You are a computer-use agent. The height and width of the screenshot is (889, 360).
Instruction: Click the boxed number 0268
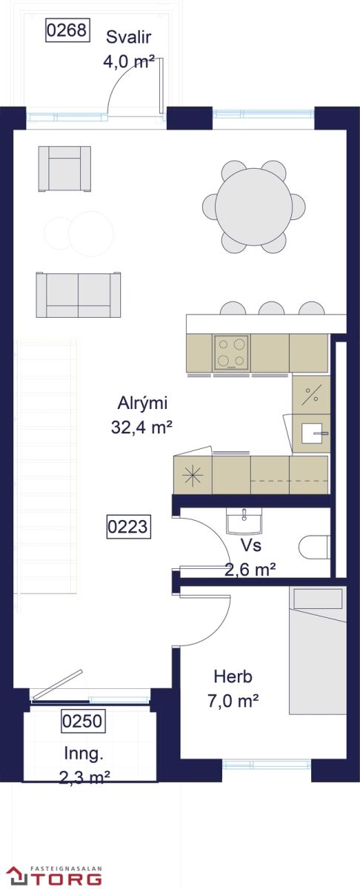coord(67,30)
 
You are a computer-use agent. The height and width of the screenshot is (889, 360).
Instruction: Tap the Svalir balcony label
coord(129,37)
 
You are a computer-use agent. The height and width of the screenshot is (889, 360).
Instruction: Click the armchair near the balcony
coord(64,169)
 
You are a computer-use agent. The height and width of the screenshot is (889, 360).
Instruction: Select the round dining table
coord(253,207)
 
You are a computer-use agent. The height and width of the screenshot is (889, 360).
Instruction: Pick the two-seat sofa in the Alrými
coord(79,295)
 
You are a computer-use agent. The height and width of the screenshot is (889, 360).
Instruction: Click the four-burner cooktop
coord(231,353)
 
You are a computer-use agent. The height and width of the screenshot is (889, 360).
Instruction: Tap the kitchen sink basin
coord(312,433)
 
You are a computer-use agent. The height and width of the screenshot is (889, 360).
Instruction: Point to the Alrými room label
coord(142,403)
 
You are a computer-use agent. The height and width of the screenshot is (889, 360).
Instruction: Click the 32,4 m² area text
coord(141,427)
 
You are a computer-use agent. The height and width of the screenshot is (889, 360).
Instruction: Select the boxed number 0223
coord(129,527)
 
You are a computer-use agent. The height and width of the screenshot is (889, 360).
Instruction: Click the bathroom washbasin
coord(244,521)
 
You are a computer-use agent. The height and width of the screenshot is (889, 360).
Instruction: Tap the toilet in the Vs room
coord(314,547)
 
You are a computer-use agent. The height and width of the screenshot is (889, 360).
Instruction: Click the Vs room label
coord(251,545)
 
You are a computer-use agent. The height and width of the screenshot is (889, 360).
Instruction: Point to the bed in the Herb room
coord(318,651)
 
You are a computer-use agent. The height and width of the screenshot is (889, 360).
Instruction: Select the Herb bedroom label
coord(233,676)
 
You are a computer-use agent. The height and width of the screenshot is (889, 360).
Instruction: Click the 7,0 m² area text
coord(233,701)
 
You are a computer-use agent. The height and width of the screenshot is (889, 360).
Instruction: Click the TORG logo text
coord(67,879)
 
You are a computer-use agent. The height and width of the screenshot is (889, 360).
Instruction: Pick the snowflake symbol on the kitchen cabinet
coord(192,475)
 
